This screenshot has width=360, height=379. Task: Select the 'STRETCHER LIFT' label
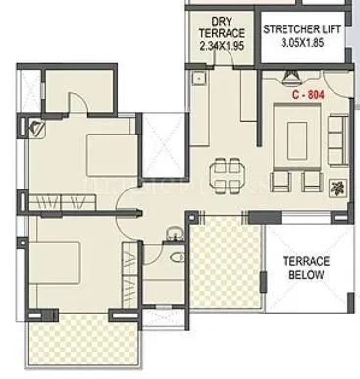300,28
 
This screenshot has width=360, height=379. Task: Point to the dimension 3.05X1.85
300,45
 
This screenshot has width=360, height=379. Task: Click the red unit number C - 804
306,96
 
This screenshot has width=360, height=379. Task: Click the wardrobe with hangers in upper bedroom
60,202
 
